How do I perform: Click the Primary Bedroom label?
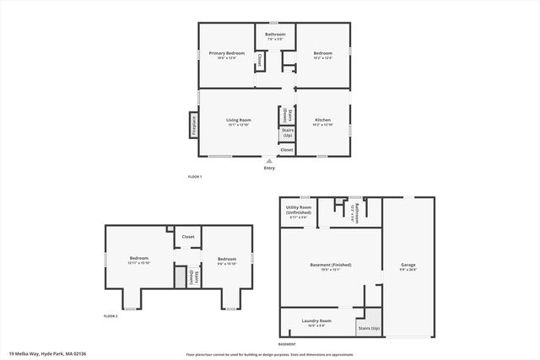coord(227,53)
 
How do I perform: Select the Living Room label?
coord(239,120)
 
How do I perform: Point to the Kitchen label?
coord(323,120)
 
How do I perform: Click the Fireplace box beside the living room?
coord(193,124)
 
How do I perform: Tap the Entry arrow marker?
coord(269,159)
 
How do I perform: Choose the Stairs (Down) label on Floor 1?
coord(287,115)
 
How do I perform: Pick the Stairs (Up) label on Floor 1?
coord(287,133)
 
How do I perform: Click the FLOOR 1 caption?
coord(195,176)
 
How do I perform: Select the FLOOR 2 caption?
coord(111,315)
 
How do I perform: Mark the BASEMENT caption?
coord(288,344)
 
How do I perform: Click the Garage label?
coord(408,265)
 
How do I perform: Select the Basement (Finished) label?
coord(331,265)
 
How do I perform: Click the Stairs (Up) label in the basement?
coord(369,327)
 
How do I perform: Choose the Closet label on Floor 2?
coord(188,237)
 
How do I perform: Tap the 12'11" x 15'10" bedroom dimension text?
coord(138,263)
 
